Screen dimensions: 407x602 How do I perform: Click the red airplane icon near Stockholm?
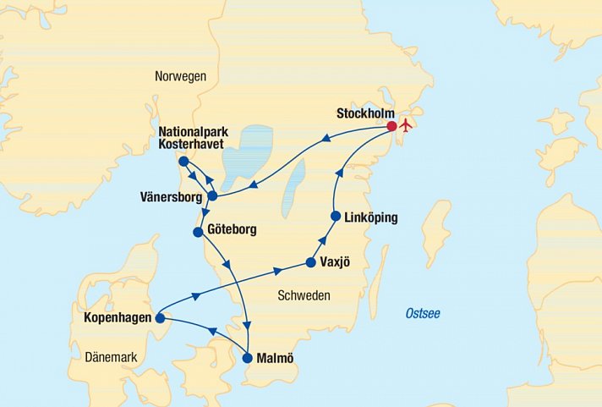tap(406, 126)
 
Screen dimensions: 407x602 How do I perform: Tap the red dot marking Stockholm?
tap(391, 127)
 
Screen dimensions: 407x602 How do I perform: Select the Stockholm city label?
tap(365, 113)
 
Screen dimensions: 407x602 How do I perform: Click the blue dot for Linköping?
tap(336, 217)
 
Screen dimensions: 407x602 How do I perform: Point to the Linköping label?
tap(371, 217)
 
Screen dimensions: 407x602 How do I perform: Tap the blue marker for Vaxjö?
tap(311, 262)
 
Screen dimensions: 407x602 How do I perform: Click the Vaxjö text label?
tap(337, 262)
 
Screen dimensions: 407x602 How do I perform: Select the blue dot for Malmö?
tap(248, 358)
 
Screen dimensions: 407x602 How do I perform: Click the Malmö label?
tap(275, 358)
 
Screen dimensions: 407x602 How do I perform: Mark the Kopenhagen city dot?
tap(159, 318)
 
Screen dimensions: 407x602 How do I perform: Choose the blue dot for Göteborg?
tap(198, 232)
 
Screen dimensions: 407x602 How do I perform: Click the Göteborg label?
tap(231, 229)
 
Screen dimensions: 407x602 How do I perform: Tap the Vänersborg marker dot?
tap(212, 196)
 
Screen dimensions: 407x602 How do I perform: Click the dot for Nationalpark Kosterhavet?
tap(183, 162)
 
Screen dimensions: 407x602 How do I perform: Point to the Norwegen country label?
tap(180, 76)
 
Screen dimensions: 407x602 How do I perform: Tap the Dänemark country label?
tap(111, 358)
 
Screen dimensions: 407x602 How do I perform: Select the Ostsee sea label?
tap(423, 314)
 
